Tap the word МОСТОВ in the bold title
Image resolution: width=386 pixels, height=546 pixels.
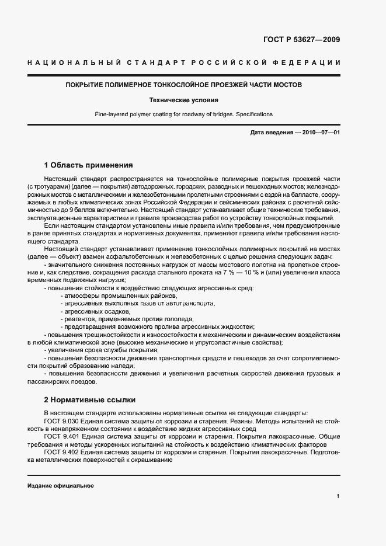point(289,85)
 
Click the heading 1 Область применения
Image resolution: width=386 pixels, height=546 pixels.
point(88,165)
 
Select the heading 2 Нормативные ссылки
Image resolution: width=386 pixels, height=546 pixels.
point(89,400)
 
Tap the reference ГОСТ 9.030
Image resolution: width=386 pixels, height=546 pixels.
point(60,421)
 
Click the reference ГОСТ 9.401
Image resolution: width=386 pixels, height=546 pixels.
point(60,436)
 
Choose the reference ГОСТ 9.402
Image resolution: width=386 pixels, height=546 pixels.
point(60,452)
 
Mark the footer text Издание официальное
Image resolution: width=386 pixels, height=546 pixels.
point(61,486)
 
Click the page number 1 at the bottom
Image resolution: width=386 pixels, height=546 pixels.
point(338,496)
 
